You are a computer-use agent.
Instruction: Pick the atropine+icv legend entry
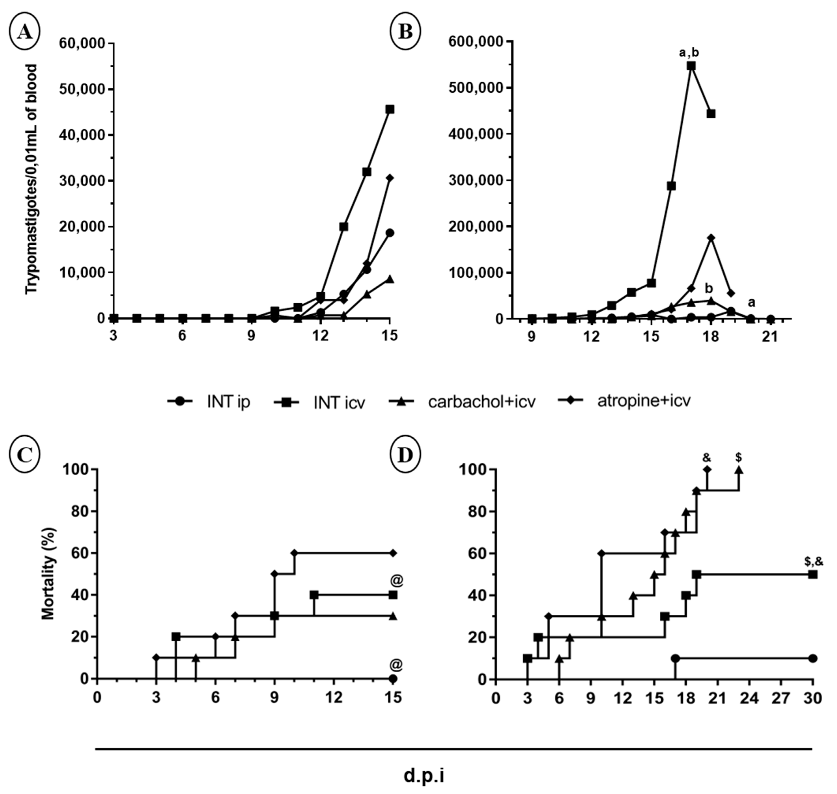(624, 400)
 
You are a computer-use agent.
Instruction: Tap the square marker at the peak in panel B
(691, 66)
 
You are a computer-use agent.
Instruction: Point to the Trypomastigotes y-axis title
(32, 179)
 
